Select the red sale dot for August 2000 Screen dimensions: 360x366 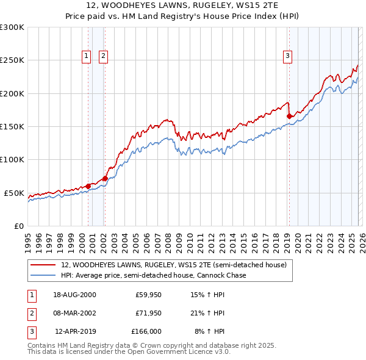point(88,186)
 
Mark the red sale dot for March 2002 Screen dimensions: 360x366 point(105,178)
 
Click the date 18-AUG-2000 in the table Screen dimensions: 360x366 point(75,295)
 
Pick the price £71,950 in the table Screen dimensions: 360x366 point(148,313)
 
